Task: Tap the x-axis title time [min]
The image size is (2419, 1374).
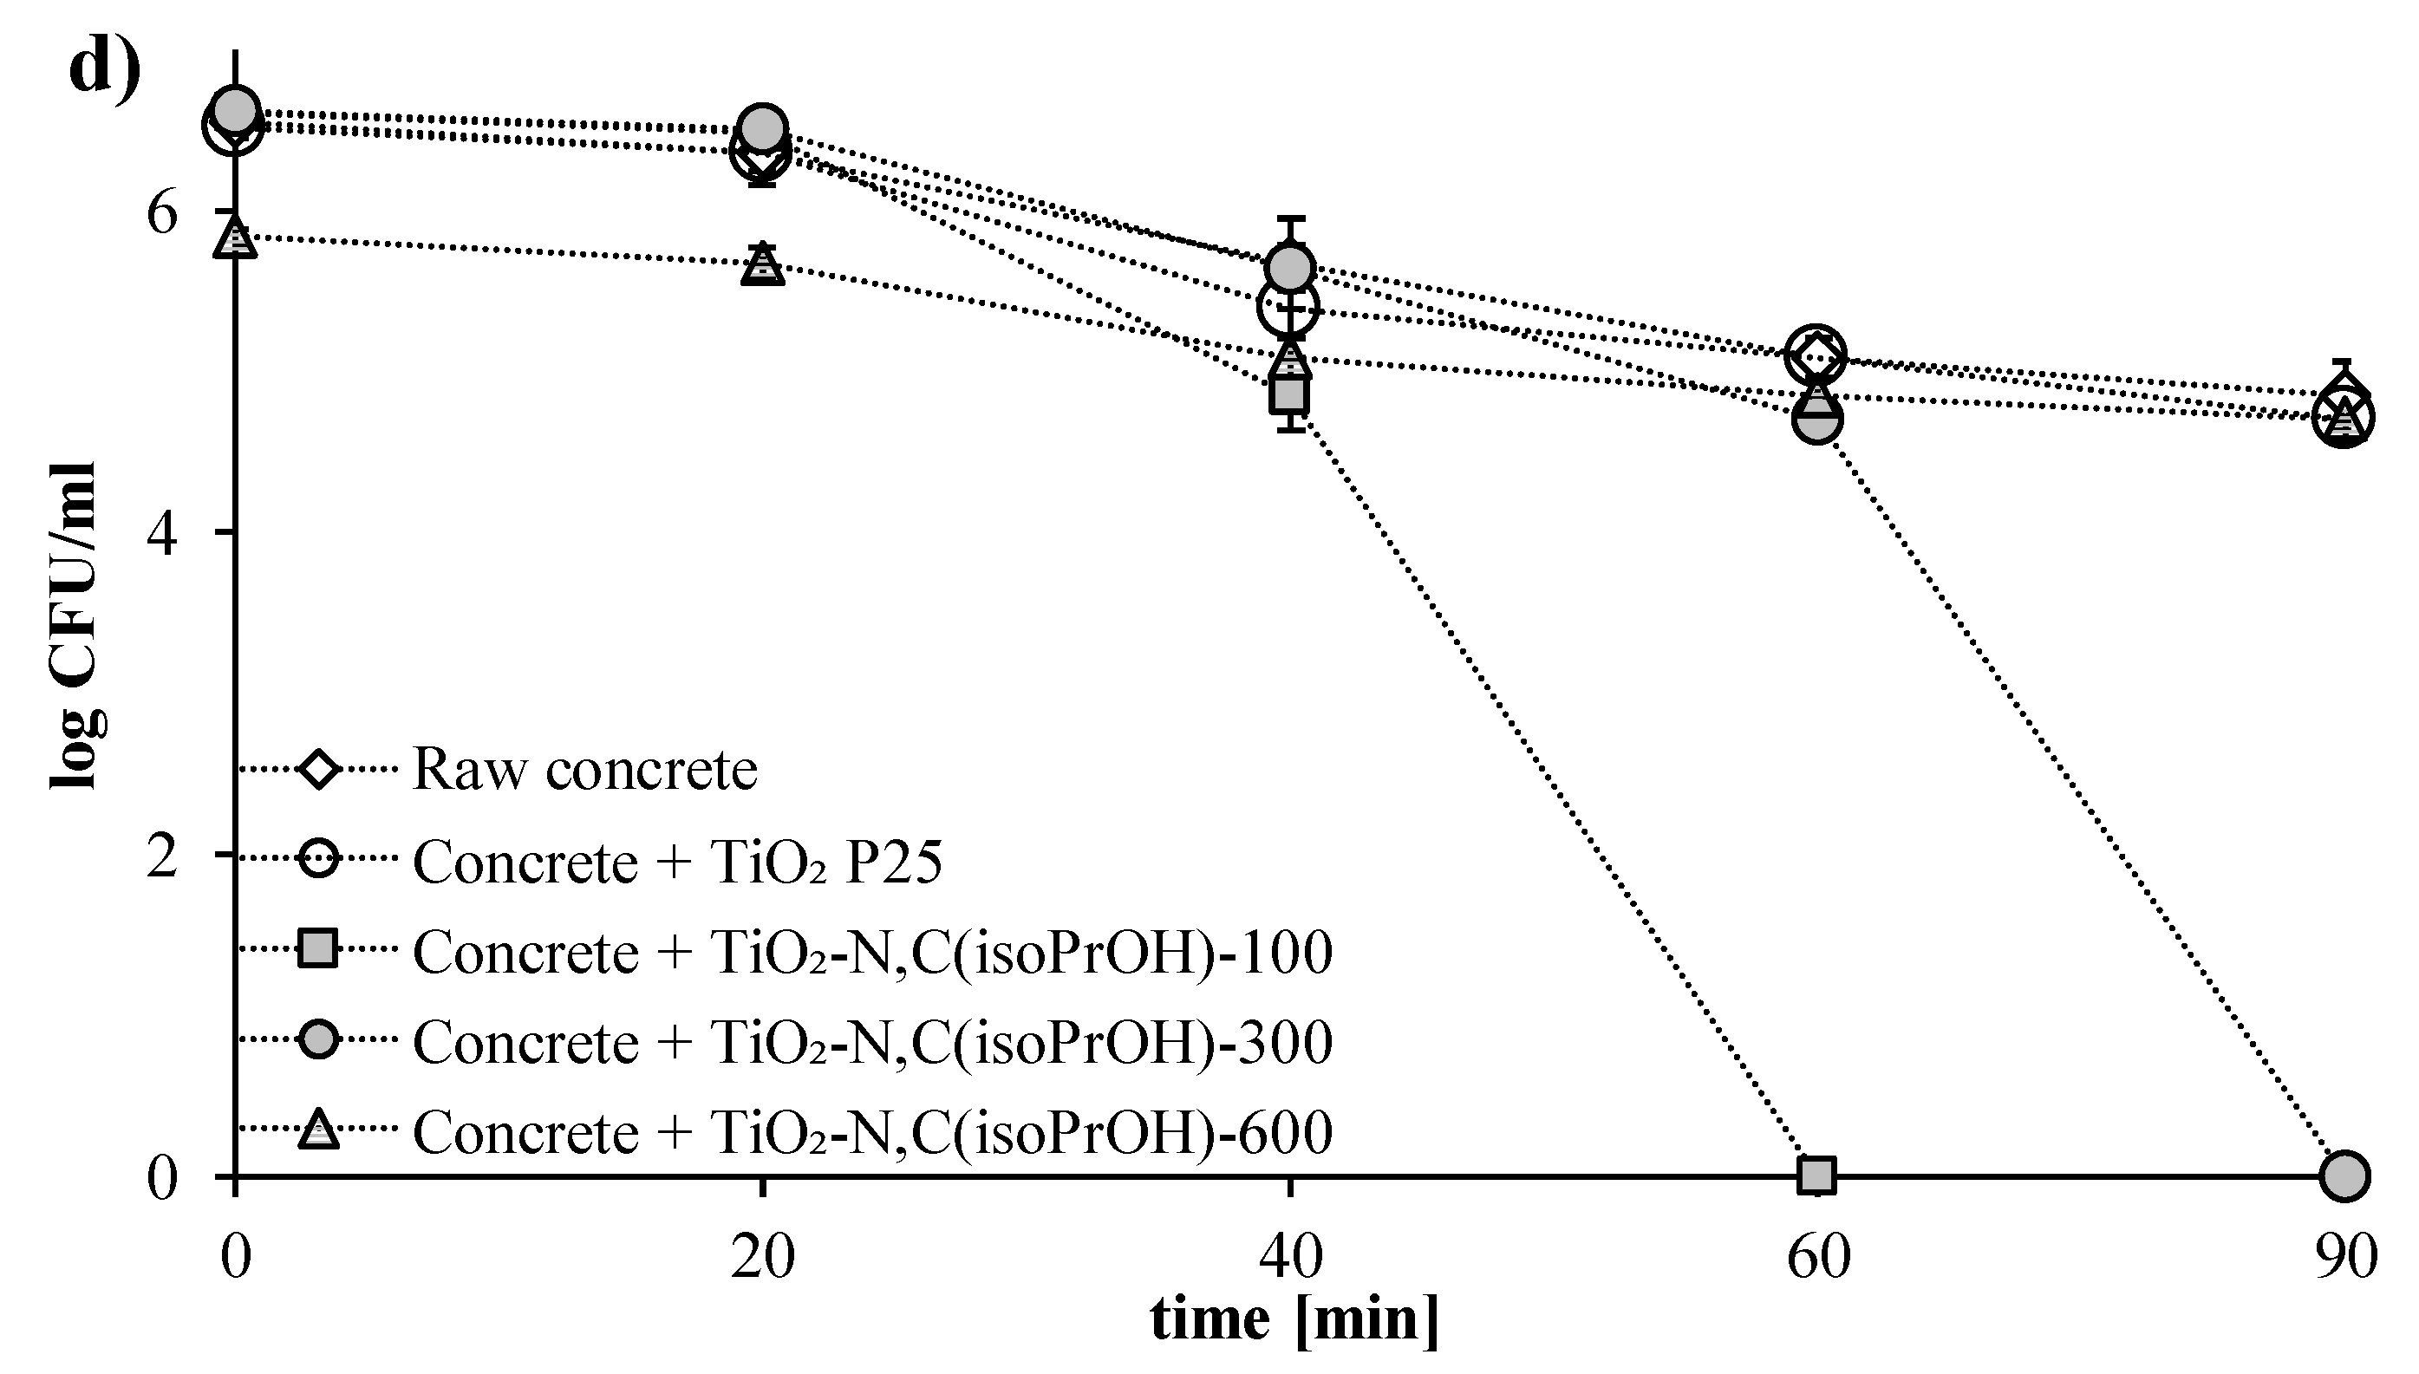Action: pos(1294,1318)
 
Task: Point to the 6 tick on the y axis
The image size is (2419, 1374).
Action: pos(162,213)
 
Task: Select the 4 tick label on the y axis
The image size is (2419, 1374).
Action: pos(162,535)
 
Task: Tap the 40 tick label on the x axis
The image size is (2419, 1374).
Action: pos(1290,1257)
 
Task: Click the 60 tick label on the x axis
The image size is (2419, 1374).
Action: pos(1818,1257)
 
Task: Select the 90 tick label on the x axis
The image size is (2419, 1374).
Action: pos(2345,1257)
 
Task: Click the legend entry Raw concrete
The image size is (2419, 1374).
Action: pos(584,769)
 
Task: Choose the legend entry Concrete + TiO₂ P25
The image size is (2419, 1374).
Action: pos(677,862)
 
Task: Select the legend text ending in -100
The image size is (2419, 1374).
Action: pos(871,951)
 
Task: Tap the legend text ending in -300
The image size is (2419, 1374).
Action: pos(871,1042)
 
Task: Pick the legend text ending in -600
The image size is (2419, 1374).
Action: pos(871,1130)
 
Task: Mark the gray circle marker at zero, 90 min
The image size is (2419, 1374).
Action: pos(2344,1175)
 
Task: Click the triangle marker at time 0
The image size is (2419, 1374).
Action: pos(234,238)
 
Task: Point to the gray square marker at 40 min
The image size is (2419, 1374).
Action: pos(1289,394)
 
